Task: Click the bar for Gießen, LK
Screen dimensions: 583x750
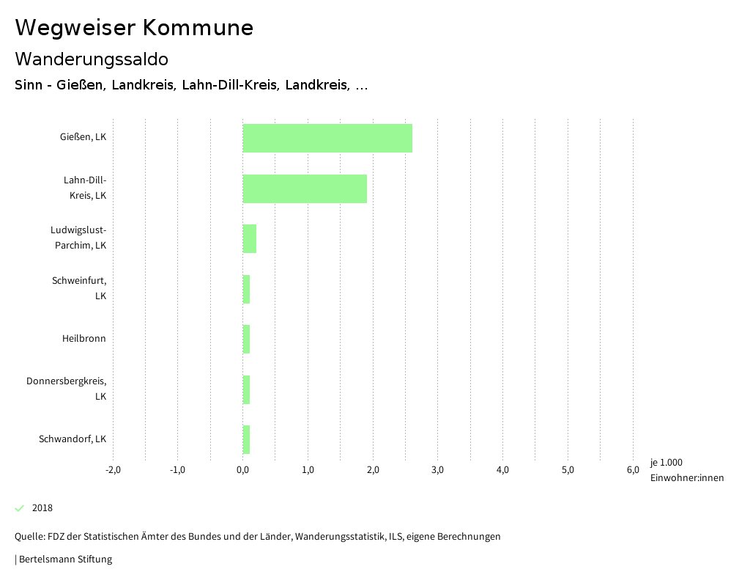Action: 327,138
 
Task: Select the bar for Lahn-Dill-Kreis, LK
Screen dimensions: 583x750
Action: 305,188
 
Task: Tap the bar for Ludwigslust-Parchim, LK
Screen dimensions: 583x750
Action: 250,238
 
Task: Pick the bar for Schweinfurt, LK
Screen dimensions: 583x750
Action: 246,289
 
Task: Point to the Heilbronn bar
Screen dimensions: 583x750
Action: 246,339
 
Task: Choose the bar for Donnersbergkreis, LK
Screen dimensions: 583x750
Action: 246,389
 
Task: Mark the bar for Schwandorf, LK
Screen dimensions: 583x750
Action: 246,439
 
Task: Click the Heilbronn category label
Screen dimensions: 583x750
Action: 83,339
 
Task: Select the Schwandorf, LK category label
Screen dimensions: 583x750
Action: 73,439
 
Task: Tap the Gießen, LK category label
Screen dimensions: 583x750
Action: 83,136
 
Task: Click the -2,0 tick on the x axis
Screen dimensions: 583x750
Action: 113,470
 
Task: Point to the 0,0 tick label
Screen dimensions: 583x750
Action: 242,470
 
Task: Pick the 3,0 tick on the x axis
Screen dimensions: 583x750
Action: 438,470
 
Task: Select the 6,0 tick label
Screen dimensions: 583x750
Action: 633,470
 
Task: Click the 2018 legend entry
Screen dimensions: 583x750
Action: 42,508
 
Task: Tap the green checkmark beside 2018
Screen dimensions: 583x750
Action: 20,508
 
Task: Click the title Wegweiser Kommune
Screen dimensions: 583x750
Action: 134,28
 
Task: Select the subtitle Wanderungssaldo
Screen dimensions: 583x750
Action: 92,59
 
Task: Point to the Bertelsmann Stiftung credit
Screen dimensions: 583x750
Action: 64,560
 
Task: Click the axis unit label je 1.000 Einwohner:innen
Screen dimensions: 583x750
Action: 686,470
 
